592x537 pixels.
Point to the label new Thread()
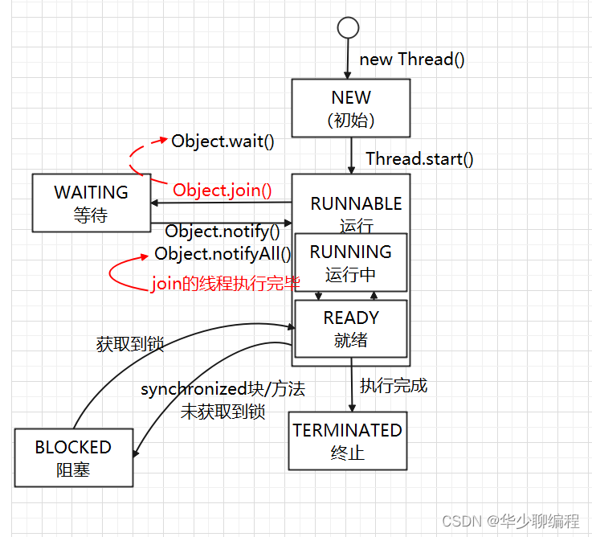point(412,59)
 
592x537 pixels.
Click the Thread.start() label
point(419,158)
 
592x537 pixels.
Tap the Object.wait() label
point(223,141)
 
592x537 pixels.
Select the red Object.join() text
point(223,190)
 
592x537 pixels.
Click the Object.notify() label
point(223,232)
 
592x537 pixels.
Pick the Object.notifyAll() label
point(223,253)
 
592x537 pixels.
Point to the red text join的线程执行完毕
point(226,284)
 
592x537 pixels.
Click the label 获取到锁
point(130,344)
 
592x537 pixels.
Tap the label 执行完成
point(394,386)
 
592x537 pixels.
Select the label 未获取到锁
point(223,412)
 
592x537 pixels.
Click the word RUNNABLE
point(356,203)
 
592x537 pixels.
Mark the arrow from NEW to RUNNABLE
point(351,155)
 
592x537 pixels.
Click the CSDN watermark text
point(510,521)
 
